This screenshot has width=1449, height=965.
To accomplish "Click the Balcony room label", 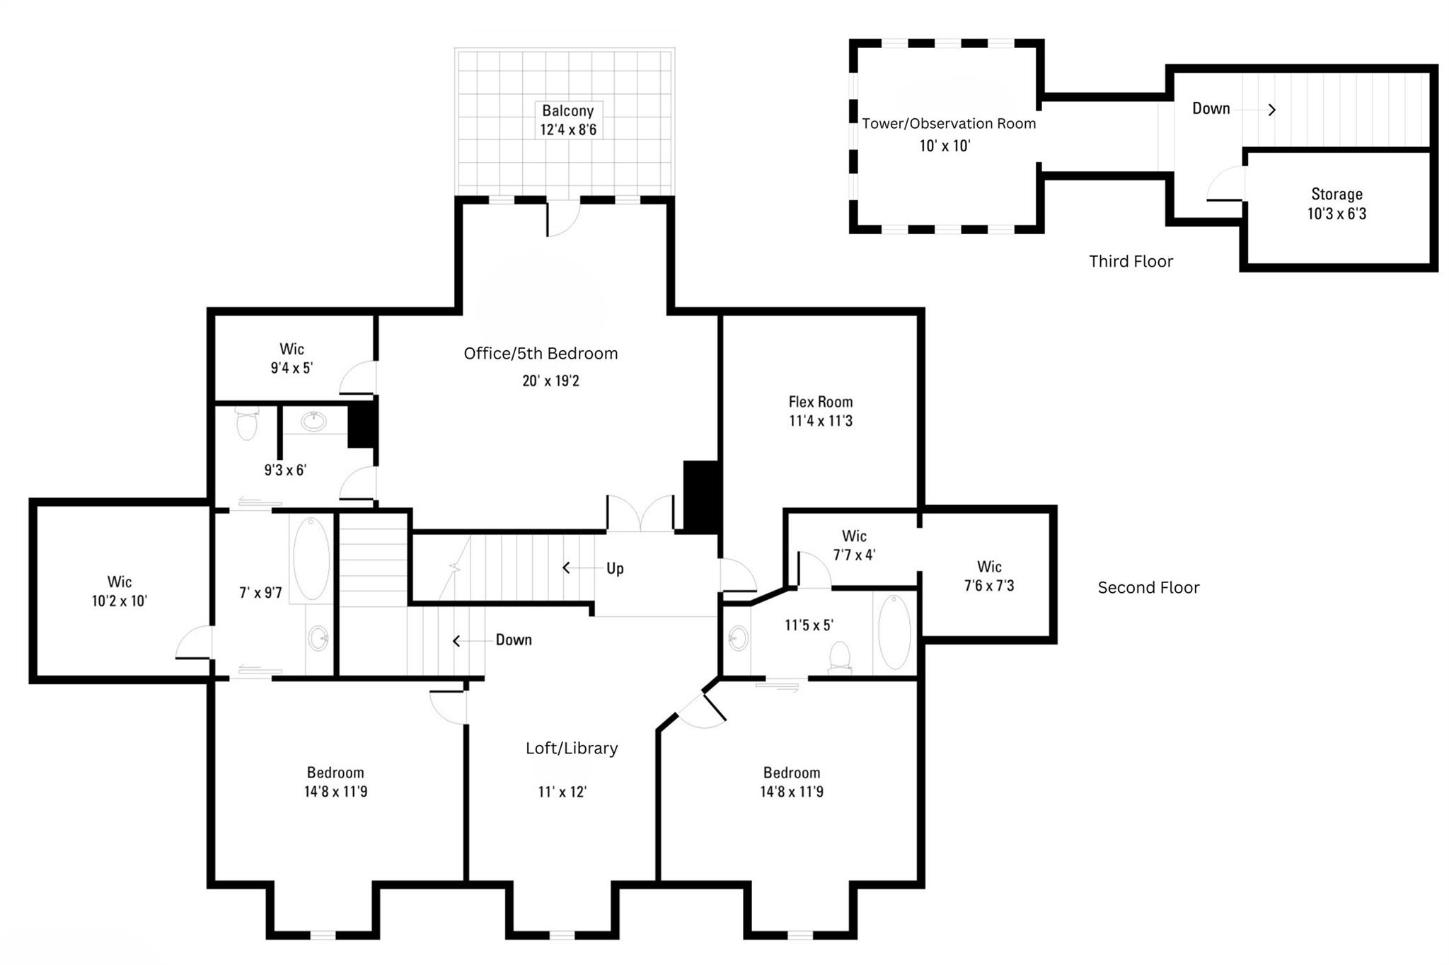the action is (x=567, y=111).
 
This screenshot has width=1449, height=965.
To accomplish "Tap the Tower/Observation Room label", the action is (x=948, y=124).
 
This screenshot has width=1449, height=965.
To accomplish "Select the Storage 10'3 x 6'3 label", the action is (x=1337, y=204).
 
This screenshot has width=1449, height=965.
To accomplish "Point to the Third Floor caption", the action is (x=1131, y=262).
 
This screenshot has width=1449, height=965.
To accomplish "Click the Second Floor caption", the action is (x=1148, y=588).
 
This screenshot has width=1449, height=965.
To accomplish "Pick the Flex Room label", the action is (x=821, y=402).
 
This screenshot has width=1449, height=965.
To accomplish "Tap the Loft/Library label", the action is (x=572, y=749).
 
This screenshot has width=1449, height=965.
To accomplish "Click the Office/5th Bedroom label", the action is (x=541, y=354).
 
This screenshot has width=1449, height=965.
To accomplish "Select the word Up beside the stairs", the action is (x=615, y=569).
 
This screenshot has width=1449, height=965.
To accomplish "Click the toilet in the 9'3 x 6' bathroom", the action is (x=247, y=423).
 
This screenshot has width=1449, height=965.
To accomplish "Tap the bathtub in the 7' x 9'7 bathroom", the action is (x=311, y=559).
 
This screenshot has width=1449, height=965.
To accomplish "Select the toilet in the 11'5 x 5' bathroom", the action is (x=840, y=657).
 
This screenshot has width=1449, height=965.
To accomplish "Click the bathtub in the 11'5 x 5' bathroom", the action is (x=894, y=632).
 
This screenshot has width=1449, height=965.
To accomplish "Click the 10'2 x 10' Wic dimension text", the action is (x=119, y=601).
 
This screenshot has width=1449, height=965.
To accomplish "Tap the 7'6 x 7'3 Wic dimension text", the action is (x=989, y=586).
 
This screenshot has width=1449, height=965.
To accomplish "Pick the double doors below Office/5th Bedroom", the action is (x=640, y=514).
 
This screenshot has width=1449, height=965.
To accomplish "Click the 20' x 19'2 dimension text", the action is (x=550, y=381).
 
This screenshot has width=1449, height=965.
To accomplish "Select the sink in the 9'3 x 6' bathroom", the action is (x=313, y=422).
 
